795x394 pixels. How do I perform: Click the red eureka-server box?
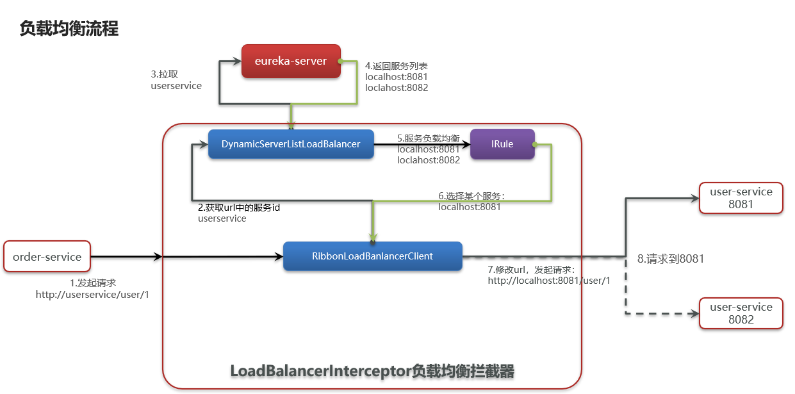click(x=291, y=62)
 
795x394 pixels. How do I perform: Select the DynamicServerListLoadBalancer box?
click(x=291, y=144)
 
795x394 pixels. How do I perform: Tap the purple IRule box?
click(x=502, y=144)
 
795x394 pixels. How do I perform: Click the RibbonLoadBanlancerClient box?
click(x=372, y=256)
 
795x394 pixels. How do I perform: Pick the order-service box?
click(x=47, y=257)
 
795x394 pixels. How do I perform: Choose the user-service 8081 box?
click(x=741, y=198)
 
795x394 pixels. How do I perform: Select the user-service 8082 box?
click(x=741, y=313)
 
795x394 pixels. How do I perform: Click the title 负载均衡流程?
click(x=69, y=29)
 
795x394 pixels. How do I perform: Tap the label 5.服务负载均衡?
click(x=429, y=138)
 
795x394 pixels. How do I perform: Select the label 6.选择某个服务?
click(x=471, y=195)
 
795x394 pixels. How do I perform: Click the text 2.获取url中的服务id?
click(x=239, y=208)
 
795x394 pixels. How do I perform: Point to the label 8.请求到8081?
click(x=671, y=259)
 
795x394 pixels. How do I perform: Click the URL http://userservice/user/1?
click(x=92, y=294)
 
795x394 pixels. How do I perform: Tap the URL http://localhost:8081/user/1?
click(x=549, y=281)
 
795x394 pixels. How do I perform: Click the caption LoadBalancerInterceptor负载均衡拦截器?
click(x=372, y=371)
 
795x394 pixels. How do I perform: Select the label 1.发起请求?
click(x=93, y=283)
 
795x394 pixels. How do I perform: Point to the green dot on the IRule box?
click(x=534, y=144)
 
